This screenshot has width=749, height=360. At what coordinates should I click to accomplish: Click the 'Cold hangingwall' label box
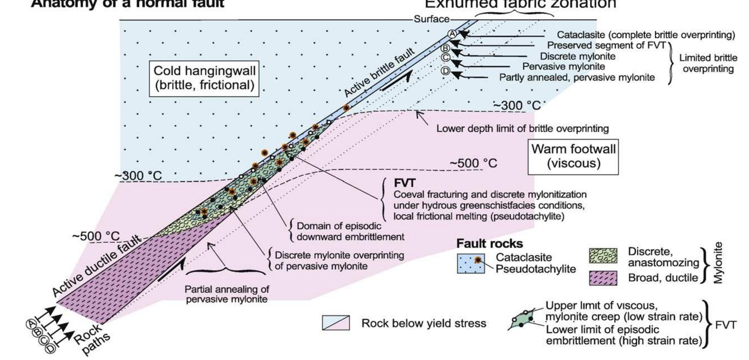204,78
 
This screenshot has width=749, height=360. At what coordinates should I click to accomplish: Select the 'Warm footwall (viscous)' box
573,157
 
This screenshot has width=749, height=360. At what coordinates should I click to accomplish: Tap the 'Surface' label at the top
432,19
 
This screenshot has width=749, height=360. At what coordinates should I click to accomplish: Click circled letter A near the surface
452,34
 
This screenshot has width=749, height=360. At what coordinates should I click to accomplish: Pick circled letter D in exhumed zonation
446,71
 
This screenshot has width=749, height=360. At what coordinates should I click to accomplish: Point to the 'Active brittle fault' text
379,73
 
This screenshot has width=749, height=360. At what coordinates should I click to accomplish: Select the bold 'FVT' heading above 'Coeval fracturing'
404,183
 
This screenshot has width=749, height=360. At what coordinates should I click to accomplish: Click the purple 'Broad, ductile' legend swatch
603,278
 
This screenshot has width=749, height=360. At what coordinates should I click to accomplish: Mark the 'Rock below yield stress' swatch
336,323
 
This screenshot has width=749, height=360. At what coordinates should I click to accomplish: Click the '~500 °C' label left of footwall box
473,164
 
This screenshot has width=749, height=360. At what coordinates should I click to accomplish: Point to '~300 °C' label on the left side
138,176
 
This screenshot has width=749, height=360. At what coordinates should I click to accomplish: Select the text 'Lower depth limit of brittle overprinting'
522,129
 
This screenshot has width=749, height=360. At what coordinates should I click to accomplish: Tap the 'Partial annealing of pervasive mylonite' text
227,294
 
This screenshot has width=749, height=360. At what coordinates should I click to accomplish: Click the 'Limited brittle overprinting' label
708,63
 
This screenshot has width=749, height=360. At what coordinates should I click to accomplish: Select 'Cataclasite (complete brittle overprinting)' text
646,35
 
